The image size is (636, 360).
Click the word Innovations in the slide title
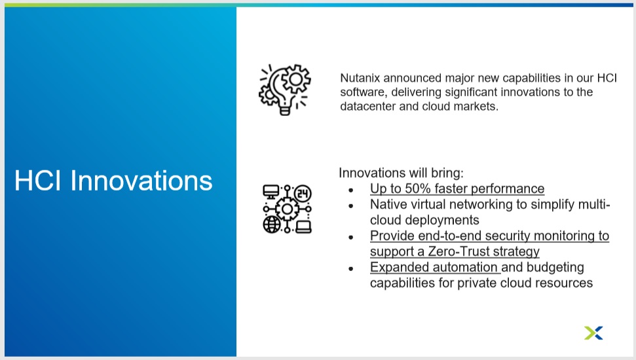tap(141, 181)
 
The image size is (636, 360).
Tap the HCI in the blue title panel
tap(38, 181)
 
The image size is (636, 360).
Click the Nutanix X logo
tap(593, 333)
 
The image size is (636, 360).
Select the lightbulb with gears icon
tap(285, 90)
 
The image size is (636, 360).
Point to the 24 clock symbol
tap(303, 193)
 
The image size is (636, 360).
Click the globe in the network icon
tap(271, 225)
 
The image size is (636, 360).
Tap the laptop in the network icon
tap(303, 227)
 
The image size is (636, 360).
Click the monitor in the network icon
tap(271, 192)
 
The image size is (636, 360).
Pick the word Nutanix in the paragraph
tap(360, 78)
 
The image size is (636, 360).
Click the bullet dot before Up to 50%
tap(351, 190)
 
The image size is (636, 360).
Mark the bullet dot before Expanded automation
tap(351, 268)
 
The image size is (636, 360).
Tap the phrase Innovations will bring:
tap(401, 173)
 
